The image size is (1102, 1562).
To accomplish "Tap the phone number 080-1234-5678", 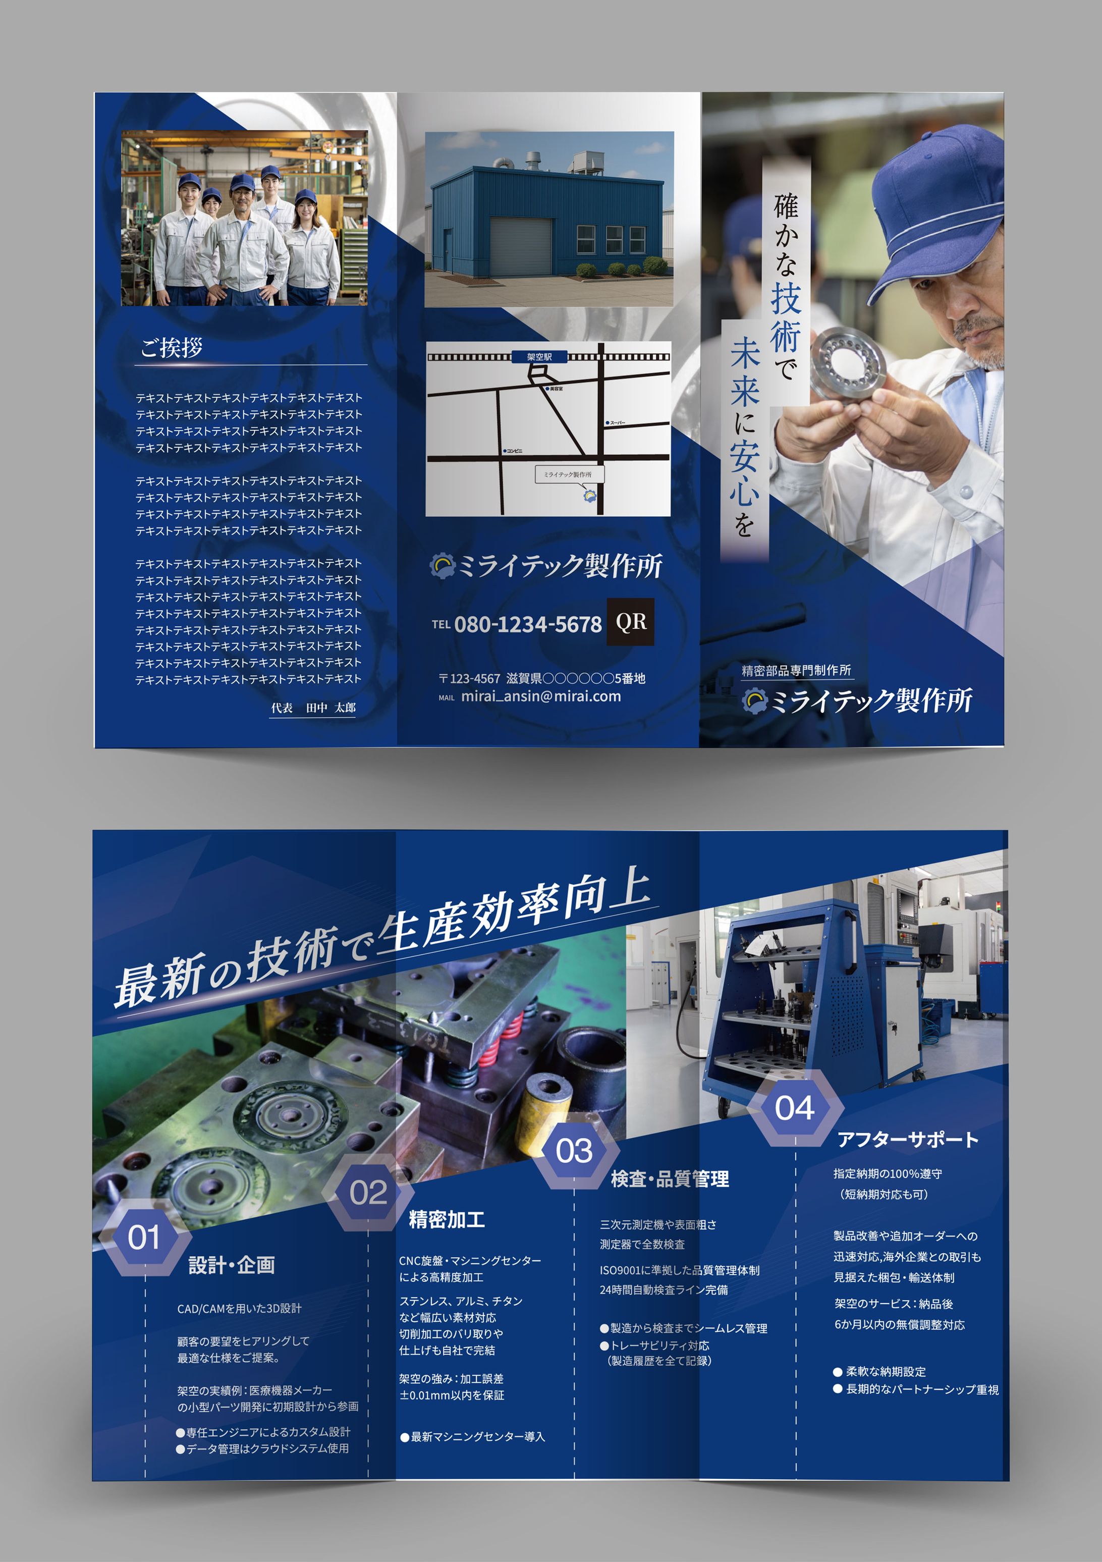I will [528, 624].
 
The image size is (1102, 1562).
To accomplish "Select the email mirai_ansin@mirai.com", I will [541, 696].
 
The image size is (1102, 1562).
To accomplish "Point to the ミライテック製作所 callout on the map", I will [568, 474].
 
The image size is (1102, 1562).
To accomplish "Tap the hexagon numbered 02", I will [368, 1192].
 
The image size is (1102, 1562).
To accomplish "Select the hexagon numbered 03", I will [574, 1150].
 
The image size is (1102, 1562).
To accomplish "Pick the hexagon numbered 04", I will [795, 1108].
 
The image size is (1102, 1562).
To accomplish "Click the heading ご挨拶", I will [172, 348].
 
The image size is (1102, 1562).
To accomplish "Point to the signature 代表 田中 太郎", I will [313, 708].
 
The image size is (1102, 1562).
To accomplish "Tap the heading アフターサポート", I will [907, 1140].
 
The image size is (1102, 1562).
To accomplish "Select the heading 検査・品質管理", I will [670, 1179].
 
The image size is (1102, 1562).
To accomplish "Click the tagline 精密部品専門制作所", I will [796, 670].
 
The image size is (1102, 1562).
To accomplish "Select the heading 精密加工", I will [446, 1220].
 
